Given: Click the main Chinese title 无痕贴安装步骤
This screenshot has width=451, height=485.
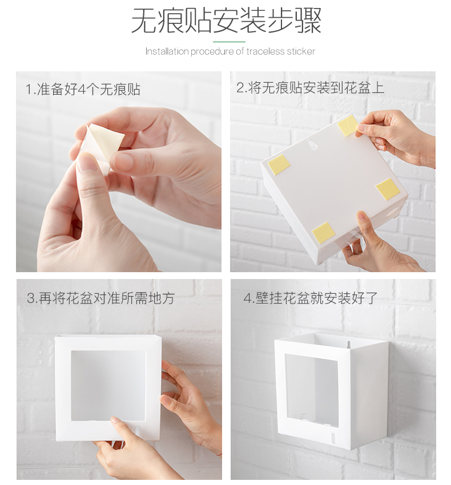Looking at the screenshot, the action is (226, 21).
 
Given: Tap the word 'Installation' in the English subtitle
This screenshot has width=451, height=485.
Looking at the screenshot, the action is (167, 51).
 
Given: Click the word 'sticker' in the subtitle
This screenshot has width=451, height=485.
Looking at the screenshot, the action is (300, 51).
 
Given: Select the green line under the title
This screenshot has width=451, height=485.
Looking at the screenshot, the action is (229, 42).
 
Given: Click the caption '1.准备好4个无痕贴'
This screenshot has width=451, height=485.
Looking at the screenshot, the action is (83, 90).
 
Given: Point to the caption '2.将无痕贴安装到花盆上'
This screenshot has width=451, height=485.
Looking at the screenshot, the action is (311, 87).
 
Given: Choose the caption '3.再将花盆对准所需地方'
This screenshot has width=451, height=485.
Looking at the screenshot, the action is (100, 298).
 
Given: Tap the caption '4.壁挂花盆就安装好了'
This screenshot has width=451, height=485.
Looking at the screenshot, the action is (311, 298).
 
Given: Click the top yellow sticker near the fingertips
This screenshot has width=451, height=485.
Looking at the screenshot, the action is (348, 126).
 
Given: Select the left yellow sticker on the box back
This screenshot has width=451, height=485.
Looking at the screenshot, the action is (279, 164).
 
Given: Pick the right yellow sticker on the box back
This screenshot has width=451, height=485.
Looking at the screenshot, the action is (388, 189).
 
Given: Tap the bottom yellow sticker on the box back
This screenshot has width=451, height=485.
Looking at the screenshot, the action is (324, 232).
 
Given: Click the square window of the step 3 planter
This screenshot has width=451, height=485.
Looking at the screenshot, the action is (108, 385).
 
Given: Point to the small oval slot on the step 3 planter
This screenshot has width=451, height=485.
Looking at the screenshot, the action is (136, 430).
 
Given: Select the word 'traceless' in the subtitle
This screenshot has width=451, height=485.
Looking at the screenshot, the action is (265, 51).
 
